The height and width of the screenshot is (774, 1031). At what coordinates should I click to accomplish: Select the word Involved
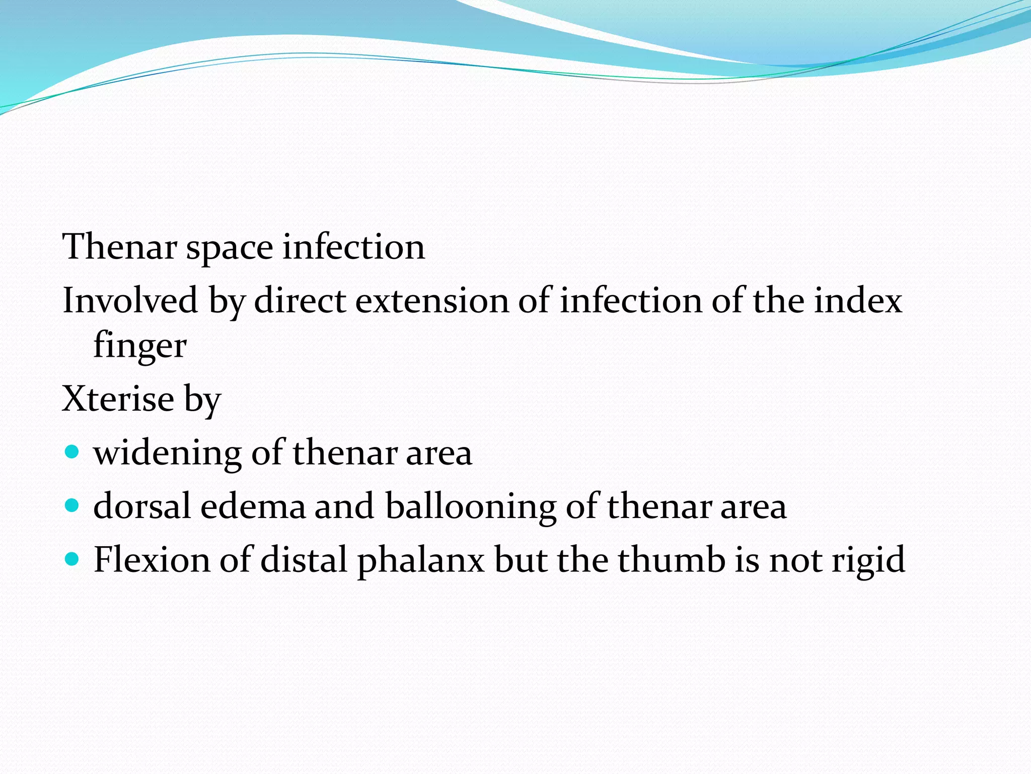(x=130, y=300)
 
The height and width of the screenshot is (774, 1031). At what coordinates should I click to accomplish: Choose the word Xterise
(x=118, y=399)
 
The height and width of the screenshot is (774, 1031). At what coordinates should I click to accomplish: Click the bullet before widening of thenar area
(x=72, y=451)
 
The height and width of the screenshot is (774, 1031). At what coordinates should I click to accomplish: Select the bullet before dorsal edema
(x=72, y=505)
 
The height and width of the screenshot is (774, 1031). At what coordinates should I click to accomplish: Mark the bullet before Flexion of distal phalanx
(x=72, y=558)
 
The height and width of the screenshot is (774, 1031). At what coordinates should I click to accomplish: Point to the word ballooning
(x=470, y=507)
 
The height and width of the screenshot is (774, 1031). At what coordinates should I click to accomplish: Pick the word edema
(x=253, y=506)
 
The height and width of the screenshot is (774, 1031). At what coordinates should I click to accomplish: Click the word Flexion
(x=152, y=559)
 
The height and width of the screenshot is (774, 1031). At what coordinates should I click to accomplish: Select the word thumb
(x=672, y=559)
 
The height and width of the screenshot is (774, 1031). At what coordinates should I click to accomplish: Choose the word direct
(x=300, y=300)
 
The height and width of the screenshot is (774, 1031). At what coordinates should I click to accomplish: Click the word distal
(x=304, y=559)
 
